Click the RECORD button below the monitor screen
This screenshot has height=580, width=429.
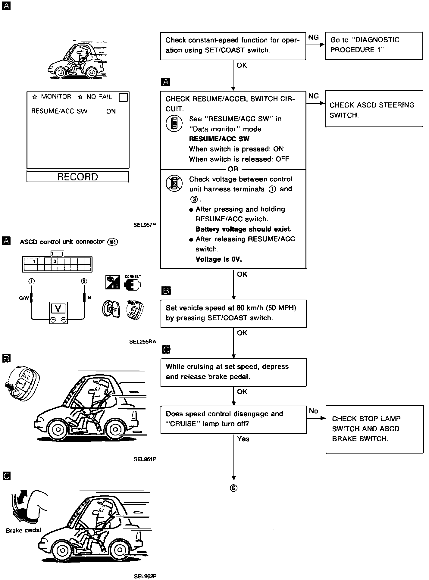[x=78, y=177]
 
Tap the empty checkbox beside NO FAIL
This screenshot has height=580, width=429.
[x=123, y=98]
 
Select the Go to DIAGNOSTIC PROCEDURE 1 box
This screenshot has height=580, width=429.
[x=374, y=46]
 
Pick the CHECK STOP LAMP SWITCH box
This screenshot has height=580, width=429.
[x=374, y=429]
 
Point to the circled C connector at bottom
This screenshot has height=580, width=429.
[x=233, y=488]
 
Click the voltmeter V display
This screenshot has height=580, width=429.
[x=58, y=309]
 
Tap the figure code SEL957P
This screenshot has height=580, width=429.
[x=145, y=224]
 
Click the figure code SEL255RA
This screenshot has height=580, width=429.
[x=142, y=341]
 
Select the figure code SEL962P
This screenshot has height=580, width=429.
[x=145, y=576]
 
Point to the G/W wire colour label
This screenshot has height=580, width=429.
[x=24, y=298]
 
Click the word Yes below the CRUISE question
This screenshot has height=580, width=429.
[x=243, y=439]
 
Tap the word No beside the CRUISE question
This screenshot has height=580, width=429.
[x=313, y=411]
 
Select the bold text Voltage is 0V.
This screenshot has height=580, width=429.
[x=219, y=259]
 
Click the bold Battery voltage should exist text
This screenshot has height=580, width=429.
[x=243, y=229]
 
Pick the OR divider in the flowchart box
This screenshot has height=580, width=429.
[x=233, y=169]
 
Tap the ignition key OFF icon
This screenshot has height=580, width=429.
[x=111, y=309]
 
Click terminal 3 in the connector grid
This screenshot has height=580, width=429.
[x=55, y=261]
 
